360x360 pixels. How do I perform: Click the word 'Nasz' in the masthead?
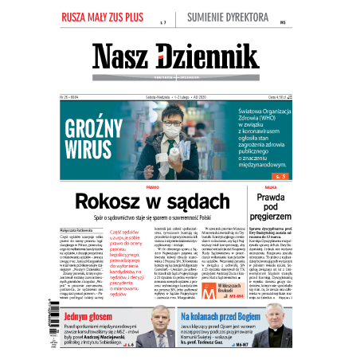[x=122, y=57]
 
